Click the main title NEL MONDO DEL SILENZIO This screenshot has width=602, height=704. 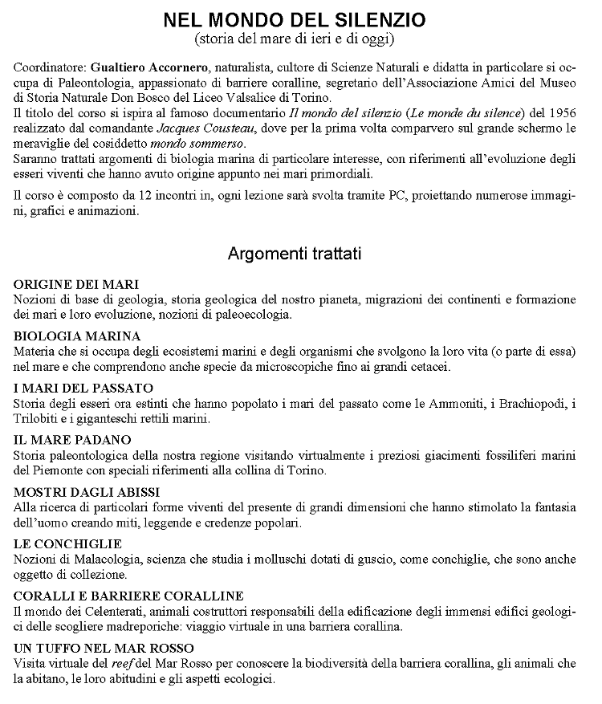(x=295, y=19)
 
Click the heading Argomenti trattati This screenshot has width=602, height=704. (x=295, y=254)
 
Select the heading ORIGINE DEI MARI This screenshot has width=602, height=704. (x=76, y=285)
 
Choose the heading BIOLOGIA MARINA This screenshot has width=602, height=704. (x=77, y=336)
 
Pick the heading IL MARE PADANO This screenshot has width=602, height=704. (x=72, y=440)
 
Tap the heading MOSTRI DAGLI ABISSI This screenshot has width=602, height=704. (x=87, y=491)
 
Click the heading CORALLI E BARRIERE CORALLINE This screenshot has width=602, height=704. (x=128, y=595)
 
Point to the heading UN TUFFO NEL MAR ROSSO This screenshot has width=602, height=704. (x=104, y=647)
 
